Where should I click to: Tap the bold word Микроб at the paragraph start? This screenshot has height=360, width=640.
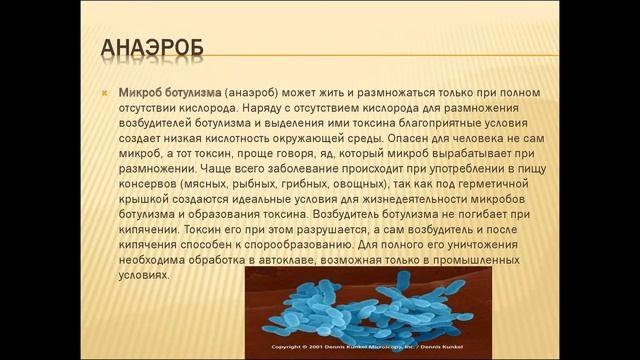coord(143,93)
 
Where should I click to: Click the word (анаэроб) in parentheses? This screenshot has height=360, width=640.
coord(256,93)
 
